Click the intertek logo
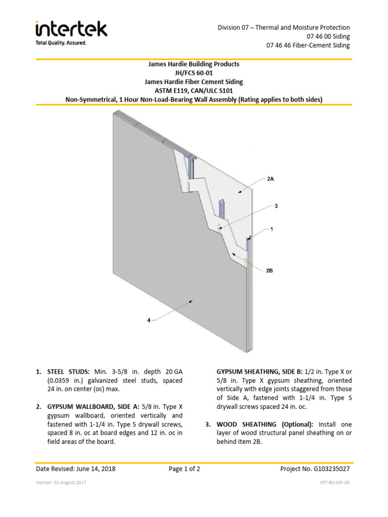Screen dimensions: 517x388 [71, 29]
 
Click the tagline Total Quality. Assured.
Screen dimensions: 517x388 [61, 43]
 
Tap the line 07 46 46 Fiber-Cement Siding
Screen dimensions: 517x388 [308, 45]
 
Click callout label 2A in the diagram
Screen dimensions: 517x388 [271, 179]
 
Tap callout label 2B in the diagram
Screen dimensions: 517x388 [269, 271]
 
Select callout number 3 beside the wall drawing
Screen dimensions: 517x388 [276, 206]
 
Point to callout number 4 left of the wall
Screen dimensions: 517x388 [149, 320]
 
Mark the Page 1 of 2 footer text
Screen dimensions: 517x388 [184, 469]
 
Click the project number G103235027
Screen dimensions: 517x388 [331, 469]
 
